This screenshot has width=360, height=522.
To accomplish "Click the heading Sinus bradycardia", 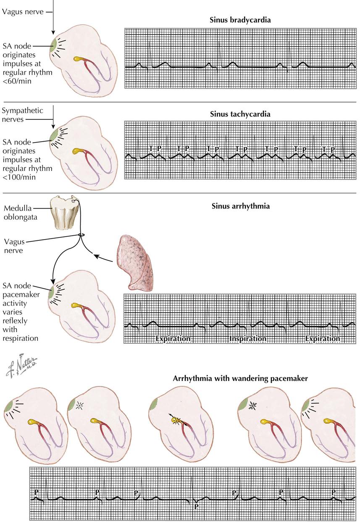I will point(240,20).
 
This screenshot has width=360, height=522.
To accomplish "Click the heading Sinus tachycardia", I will point(240,114).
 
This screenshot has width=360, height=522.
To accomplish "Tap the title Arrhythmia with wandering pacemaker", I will point(240,378).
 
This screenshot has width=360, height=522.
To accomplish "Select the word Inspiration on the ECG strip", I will point(248,338).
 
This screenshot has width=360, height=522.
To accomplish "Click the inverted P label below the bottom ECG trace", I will point(196,507).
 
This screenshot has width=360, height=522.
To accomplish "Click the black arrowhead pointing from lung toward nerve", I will point(96,255).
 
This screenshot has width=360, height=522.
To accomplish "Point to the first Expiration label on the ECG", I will point(173,338).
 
